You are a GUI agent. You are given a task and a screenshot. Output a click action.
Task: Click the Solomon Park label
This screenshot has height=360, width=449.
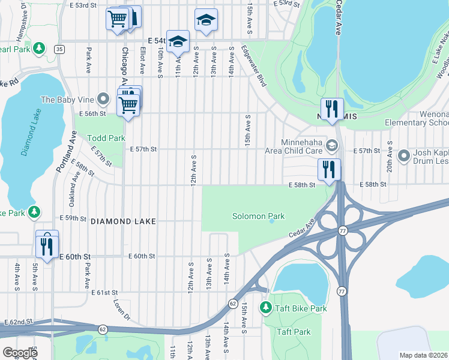(259, 216)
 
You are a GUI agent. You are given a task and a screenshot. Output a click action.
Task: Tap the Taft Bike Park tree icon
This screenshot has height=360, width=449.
(265, 308)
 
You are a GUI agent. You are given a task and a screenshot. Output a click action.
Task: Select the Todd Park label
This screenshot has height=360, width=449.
(106, 138)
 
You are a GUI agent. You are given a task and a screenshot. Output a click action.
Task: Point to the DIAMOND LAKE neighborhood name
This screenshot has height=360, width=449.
(123, 221)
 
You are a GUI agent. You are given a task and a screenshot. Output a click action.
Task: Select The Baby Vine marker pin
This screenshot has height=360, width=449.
(104, 99)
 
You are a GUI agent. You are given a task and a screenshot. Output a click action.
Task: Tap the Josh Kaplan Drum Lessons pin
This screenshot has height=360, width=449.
(404, 157)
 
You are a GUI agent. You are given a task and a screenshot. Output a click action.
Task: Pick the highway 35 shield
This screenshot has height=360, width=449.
(59, 49)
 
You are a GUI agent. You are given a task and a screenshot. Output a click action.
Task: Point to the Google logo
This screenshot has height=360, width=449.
(19, 353)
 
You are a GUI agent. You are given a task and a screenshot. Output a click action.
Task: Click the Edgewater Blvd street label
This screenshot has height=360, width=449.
(253, 66)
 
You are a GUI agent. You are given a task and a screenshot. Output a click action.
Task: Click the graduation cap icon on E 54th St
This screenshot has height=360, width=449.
(178, 42)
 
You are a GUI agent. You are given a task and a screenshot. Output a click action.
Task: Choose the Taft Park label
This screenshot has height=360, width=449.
(293, 332)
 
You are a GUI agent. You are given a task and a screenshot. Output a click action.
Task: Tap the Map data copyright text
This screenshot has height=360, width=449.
(424, 355)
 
